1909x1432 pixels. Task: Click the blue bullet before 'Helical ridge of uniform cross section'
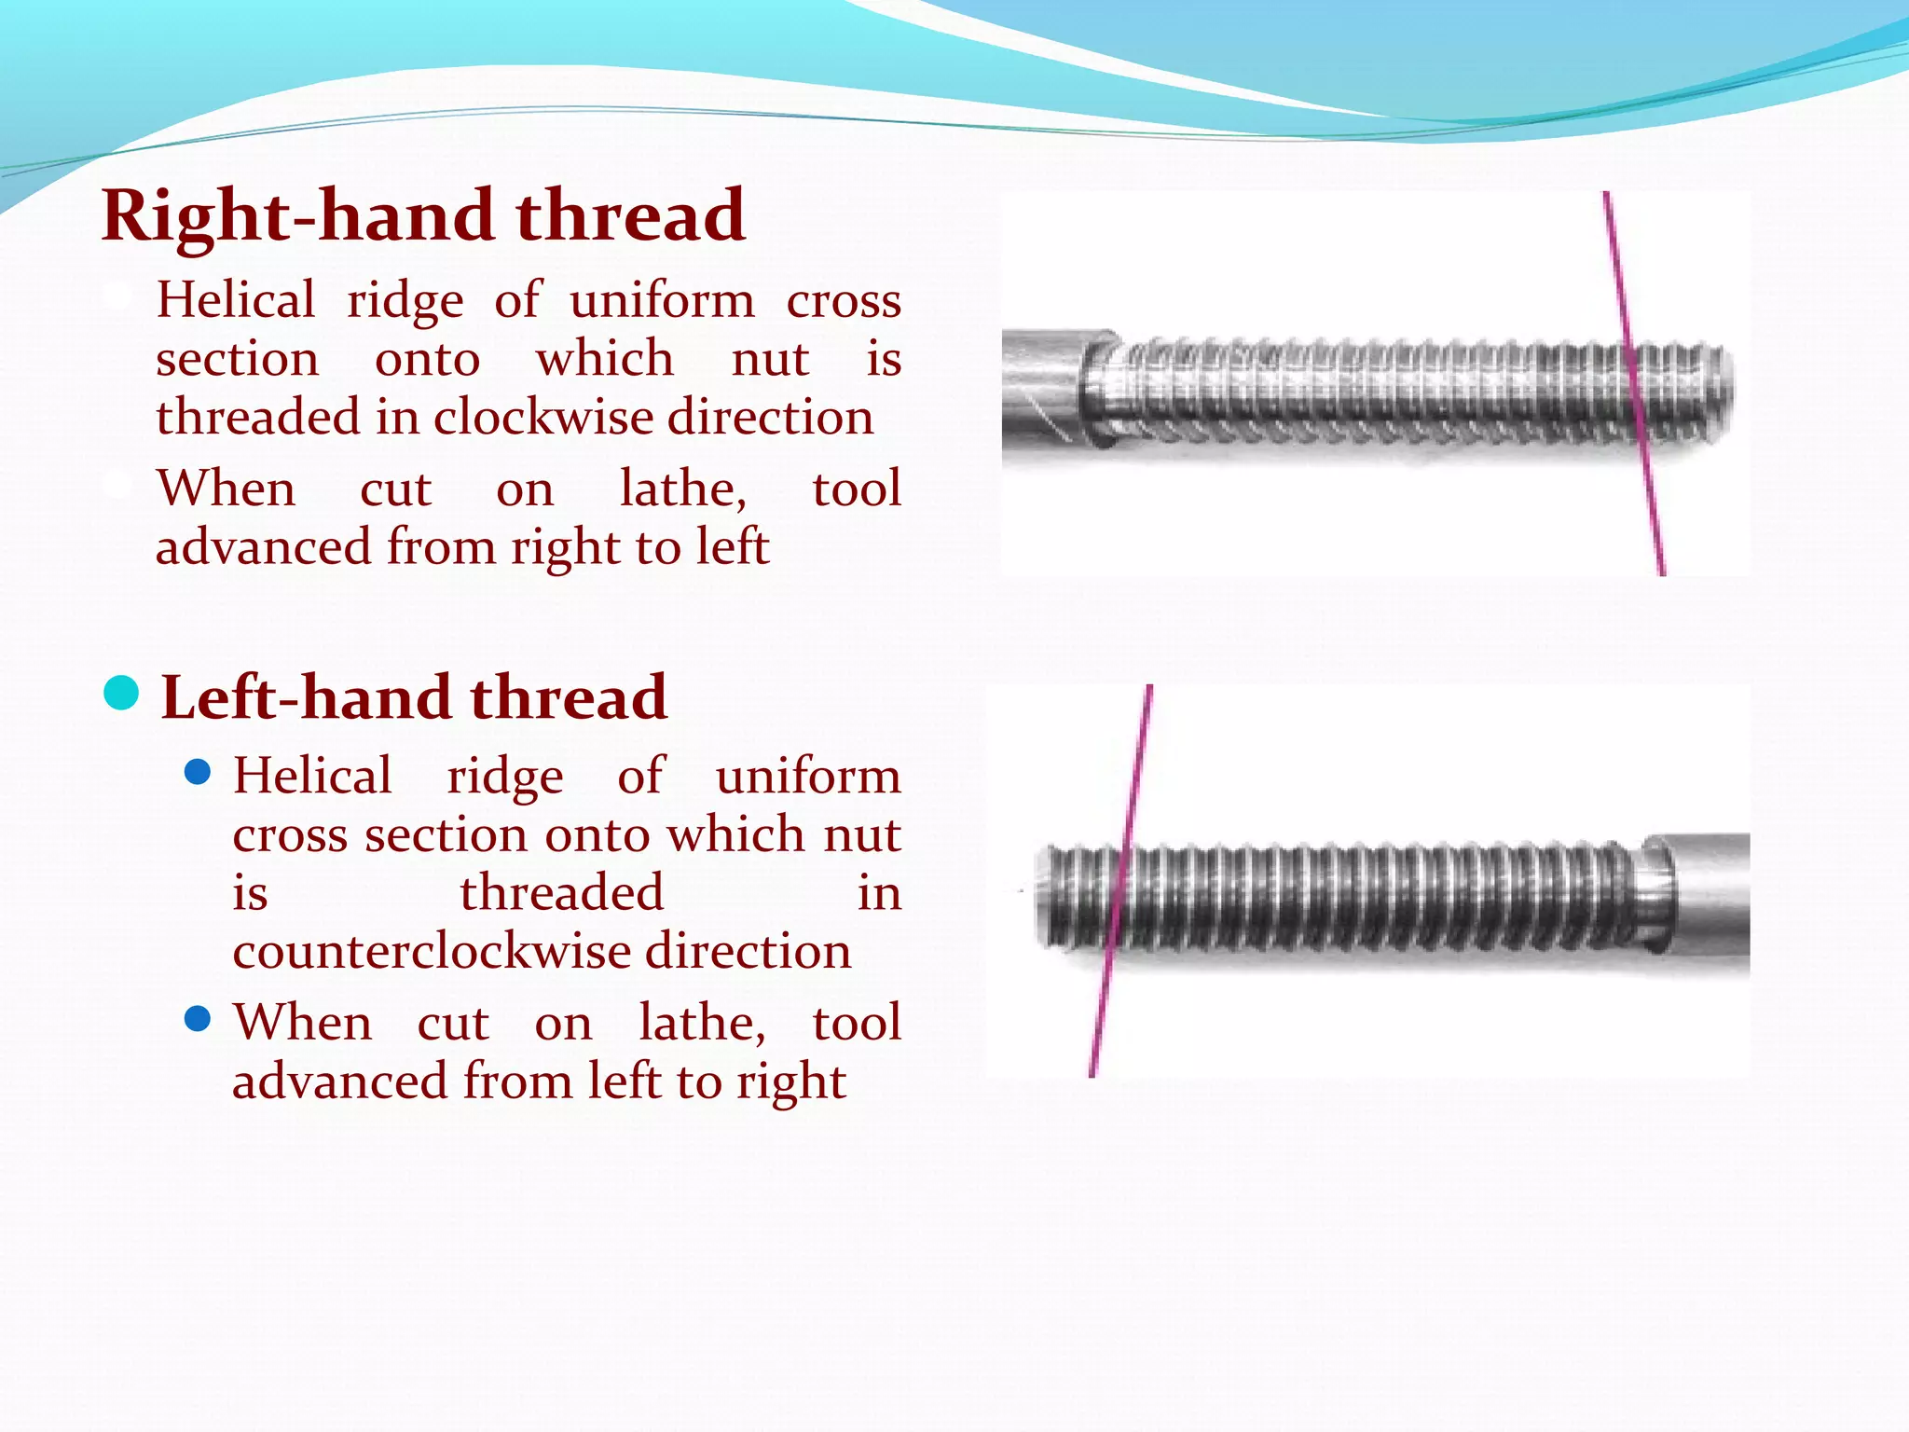click(x=198, y=773)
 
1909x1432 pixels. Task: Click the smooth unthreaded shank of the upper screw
click(x=1044, y=387)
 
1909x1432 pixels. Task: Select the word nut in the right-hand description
click(x=770, y=360)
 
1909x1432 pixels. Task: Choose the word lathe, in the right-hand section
click(x=683, y=489)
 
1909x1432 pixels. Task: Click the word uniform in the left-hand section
click(x=808, y=777)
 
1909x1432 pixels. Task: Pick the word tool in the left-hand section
click(x=856, y=1023)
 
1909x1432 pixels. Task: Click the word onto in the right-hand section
click(x=427, y=360)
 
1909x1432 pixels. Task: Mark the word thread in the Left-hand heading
click(x=569, y=697)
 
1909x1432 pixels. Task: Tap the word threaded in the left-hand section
click(x=561, y=893)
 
